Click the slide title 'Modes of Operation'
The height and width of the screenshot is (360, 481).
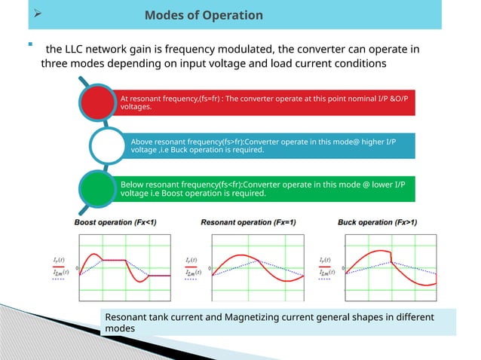[204, 15]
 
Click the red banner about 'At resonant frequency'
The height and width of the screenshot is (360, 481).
[264, 102]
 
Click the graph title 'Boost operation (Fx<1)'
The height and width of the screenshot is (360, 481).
[115, 222]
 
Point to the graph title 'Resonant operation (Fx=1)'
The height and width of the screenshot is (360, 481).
[248, 222]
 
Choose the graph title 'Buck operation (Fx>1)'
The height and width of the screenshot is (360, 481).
[376, 222]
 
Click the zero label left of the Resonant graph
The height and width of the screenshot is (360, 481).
[210, 267]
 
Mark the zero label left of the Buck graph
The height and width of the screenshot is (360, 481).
[343, 267]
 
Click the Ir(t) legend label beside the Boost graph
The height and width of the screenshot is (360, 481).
[57, 261]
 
